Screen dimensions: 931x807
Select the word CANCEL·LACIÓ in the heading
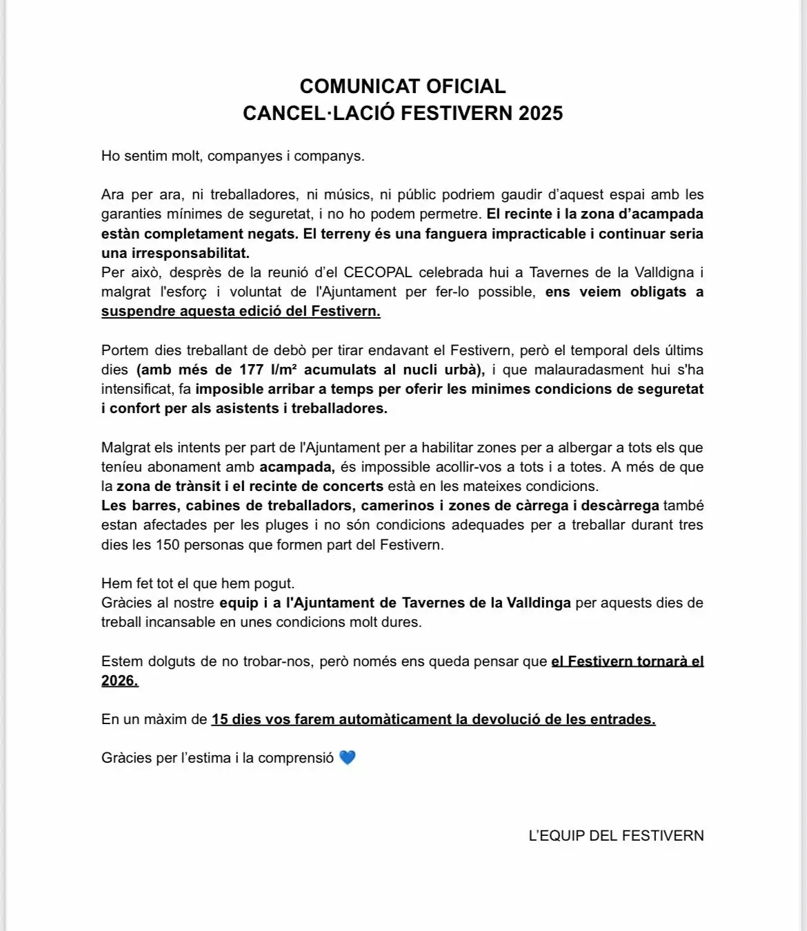(319, 113)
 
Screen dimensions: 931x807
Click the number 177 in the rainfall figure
(252, 370)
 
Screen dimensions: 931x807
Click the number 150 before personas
(167, 545)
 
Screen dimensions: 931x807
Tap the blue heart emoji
(347, 758)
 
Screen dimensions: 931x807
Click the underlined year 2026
(119, 681)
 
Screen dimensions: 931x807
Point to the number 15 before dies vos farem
(219, 719)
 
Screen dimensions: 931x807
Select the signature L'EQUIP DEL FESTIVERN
(616, 836)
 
